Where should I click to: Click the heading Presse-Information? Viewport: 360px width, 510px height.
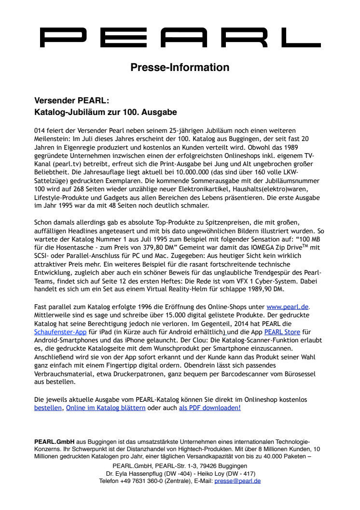pos(180,67)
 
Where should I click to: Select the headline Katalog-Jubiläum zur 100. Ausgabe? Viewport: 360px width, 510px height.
pos(106,113)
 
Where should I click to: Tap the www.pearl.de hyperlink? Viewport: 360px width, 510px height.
pos(288,307)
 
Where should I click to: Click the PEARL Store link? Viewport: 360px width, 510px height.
pos(282,332)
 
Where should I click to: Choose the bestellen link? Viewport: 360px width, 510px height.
pos(48,408)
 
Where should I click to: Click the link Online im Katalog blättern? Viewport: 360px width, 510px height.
pos(106,408)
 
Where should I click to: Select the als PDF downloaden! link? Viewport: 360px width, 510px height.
pos(210,408)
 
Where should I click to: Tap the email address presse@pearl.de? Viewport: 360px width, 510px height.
pos(237,481)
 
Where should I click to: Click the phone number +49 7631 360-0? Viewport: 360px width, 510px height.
pos(146,481)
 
